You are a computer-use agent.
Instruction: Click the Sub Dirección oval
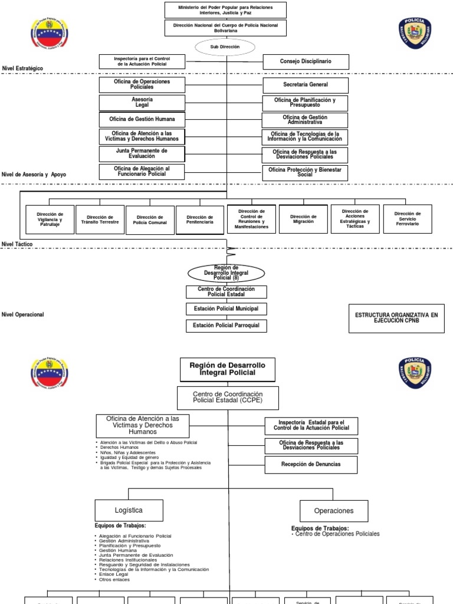(225, 47)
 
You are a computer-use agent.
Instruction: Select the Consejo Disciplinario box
(306, 61)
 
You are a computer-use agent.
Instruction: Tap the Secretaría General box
(306, 85)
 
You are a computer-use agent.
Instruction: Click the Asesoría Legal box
(142, 102)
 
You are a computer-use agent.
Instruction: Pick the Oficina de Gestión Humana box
(142, 120)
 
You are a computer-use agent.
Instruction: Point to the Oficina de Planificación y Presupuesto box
(306, 103)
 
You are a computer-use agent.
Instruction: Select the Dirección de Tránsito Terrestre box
(100, 220)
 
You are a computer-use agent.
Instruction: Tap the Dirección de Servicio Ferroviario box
(408, 219)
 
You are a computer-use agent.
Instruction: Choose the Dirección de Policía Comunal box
(150, 220)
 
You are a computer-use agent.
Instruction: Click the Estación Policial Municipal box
(226, 308)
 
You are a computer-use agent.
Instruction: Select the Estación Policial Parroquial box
(226, 326)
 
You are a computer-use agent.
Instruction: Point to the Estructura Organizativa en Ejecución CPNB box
(396, 318)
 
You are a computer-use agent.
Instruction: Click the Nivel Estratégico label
(22, 68)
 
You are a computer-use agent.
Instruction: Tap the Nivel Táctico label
(17, 244)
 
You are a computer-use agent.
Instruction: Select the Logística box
(128, 510)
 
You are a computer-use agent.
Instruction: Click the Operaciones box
(334, 511)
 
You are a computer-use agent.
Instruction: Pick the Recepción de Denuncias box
(311, 465)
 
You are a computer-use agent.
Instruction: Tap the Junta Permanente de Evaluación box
(142, 154)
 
